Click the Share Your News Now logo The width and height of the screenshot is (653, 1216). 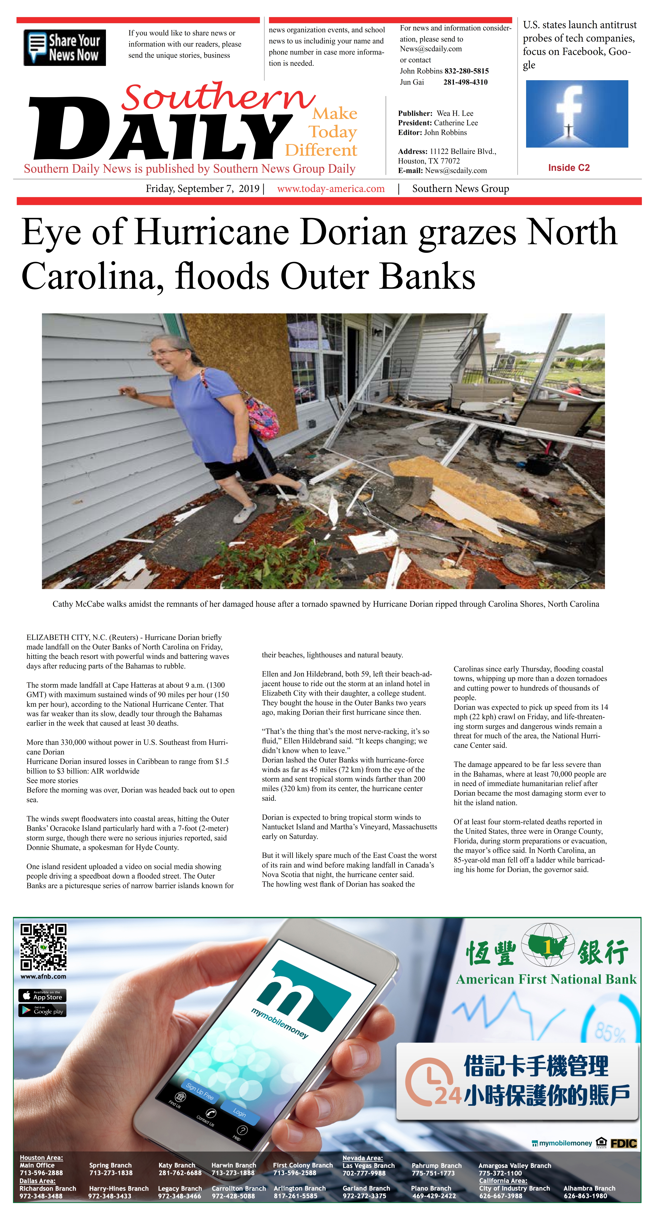click(x=65, y=48)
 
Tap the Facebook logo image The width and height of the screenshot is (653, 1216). click(x=577, y=114)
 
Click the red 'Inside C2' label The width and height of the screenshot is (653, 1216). click(x=569, y=168)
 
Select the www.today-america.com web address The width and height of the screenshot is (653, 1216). click(x=331, y=189)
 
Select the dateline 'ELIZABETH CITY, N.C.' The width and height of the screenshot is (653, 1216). click(x=66, y=637)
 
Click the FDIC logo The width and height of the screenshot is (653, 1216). click(x=623, y=1143)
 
